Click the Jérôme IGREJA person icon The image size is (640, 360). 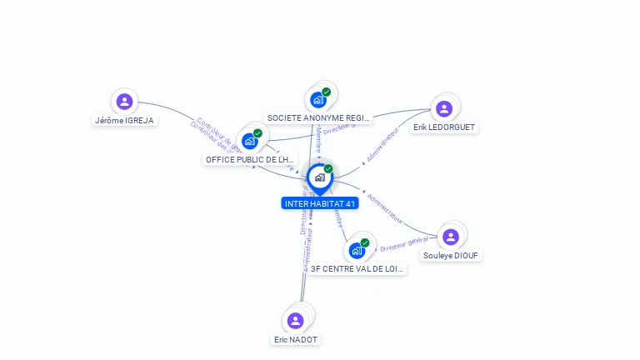pyautogui.click(x=124, y=102)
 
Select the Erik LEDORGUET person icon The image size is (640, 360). pyautogui.click(x=444, y=108)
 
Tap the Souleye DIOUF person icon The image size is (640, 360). pyautogui.click(x=451, y=237)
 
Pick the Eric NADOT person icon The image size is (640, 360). pyautogui.click(x=295, y=321)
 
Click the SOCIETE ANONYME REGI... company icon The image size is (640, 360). pyautogui.click(x=317, y=100)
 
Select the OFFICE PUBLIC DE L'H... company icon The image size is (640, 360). pyautogui.click(x=249, y=141)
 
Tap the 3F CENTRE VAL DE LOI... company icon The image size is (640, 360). pyautogui.click(x=357, y=250)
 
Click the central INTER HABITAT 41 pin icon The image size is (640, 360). pyautogui.click(x=319, y=177)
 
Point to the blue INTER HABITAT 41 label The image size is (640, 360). pyautogui.click(x=320, y=203)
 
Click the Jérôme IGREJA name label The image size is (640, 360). pyautogui.click(x=124, y=120)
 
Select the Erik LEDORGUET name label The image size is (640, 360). pyautogui.click(x=445, y=127)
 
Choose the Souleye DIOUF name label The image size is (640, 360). pyautogui.click(x=452, y=256)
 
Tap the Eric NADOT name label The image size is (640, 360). pyautogui.click(x=296, y=339)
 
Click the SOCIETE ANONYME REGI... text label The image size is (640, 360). pyautogui.click(x=317, y=118)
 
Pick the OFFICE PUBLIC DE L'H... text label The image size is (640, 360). pyautogui.click(x=250, y=159)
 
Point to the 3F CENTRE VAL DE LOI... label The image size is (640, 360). pyautogui.click(x=357, y=269)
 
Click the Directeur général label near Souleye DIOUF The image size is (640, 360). pyautogui.click(x=404, y=243)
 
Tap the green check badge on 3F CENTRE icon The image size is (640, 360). pyautogui.click(x=365, y=242)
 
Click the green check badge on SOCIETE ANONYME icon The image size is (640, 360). pyautogui.click(x=326, y=92)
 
